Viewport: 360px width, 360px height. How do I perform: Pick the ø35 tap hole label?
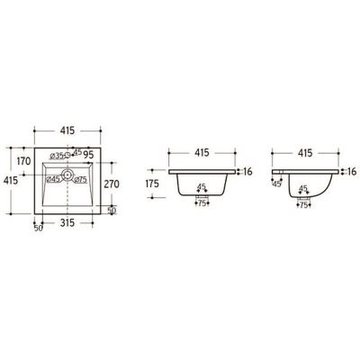(x=58, y=156)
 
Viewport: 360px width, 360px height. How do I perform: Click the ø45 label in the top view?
(x=53, y=179)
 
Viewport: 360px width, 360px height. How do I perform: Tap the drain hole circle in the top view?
(x=67, y=177)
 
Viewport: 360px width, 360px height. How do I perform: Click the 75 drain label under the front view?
(x=204, y=204)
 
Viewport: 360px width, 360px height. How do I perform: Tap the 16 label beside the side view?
(x=351, y=170)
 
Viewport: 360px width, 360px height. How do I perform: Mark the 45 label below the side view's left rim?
(x=275, y=184)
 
